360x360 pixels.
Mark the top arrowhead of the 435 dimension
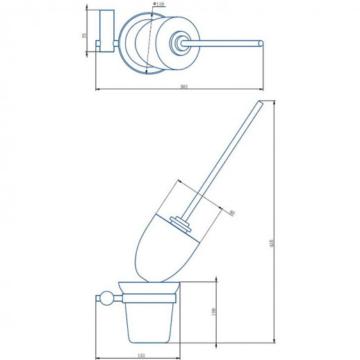tap(275, 104)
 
